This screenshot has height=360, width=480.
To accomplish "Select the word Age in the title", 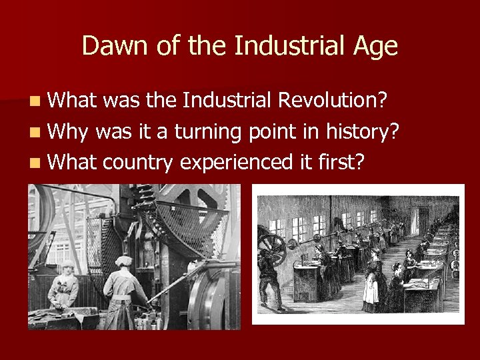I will tap(375, 46).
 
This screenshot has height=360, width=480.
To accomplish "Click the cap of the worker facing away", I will tap(125, 261).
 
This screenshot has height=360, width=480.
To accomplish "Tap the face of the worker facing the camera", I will tap(66, 271).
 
